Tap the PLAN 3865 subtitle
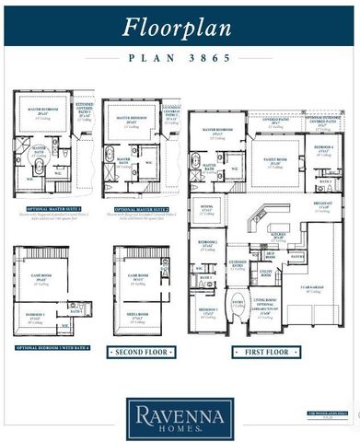pos(180,57)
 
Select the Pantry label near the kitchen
pos(296,257)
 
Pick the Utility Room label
pos(266,273)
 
